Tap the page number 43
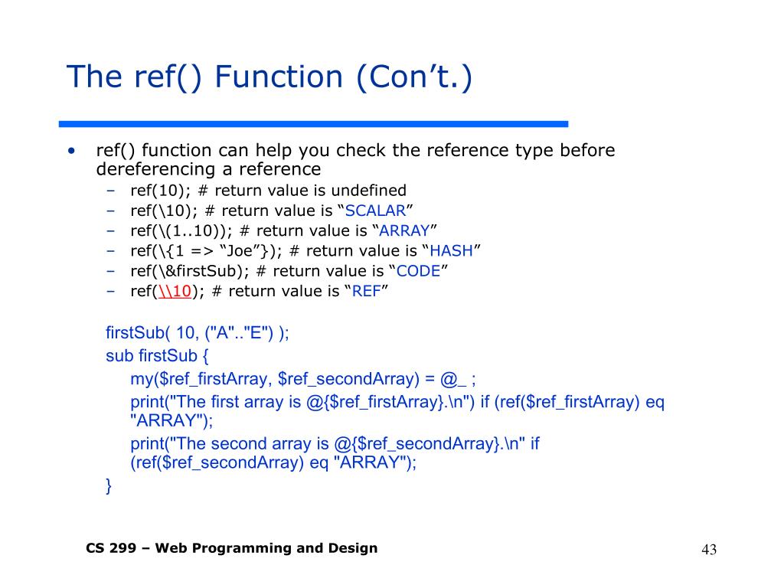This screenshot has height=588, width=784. (708, 550)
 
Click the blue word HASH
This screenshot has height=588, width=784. (451, 250)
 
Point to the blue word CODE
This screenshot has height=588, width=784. (417, 270)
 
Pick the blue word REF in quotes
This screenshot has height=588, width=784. (366, 291)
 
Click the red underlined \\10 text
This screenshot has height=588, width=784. (174, 291)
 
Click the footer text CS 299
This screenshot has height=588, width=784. (111, 547)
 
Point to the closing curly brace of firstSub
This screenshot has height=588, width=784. (109, 485)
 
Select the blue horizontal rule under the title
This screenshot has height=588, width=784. (314, 123)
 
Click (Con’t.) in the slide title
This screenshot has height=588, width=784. (413, 77)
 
